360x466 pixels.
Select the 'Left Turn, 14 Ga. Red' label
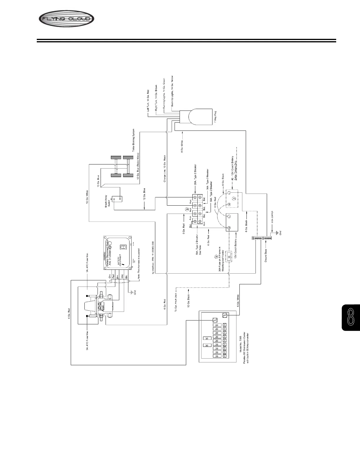tap(148, 100)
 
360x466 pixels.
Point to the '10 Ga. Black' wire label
tap(189, 300)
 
